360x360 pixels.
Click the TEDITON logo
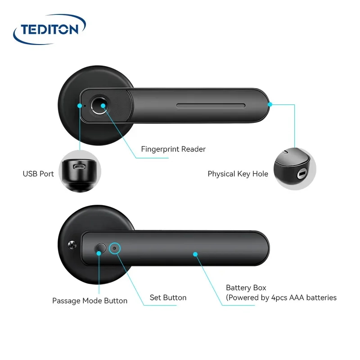[48, 30]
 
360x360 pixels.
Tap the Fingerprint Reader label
[173, 149]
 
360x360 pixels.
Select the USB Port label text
[38, 174]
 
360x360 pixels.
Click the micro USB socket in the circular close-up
[80, 167]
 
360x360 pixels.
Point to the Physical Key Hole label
[238, 174]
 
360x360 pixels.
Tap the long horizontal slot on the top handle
[211, 107]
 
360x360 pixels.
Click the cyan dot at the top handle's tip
[270, 104]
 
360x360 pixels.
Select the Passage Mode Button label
[90, 301]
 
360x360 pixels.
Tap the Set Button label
[168, 297]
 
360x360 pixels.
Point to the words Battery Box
[246, 288]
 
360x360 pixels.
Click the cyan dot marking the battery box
[195, 254]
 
